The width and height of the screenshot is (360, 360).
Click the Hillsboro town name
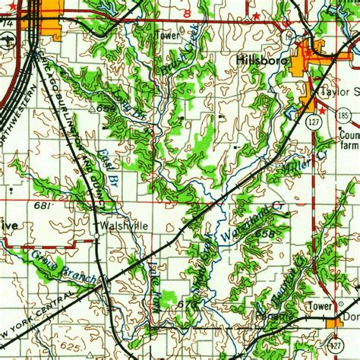[x=259, y=60]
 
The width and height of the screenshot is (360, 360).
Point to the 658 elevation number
[x=265, y=235]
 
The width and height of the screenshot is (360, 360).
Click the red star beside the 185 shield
[x=323, y=112]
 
